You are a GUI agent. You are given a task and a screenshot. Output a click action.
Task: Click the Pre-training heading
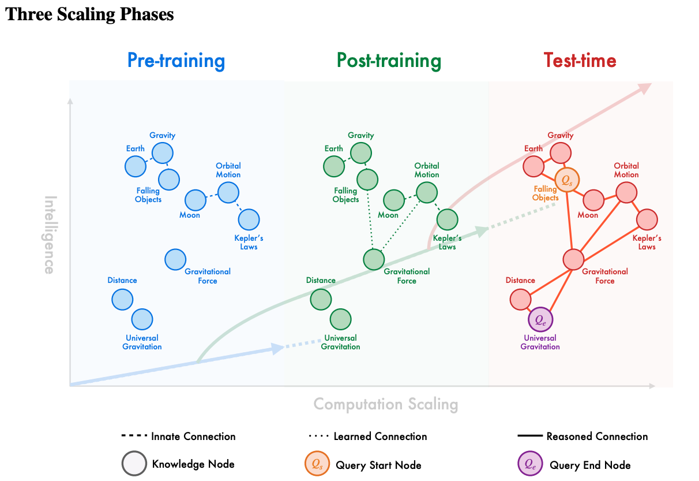click(176, 61)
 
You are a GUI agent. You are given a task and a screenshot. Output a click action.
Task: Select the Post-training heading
click(389, 61)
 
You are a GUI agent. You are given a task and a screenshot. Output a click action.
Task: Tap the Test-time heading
click(580, 61)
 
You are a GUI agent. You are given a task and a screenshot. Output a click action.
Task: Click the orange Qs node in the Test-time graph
click(567, 180)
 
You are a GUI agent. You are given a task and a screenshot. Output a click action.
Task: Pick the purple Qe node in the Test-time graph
click(540, 319)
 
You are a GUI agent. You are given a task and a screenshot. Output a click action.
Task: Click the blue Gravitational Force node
click(175, 259)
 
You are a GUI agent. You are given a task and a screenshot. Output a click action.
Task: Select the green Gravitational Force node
click(374, 259)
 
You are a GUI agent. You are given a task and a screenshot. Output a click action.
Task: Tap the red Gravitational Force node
click(573, 259)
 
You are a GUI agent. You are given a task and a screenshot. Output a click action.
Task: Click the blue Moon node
click(196, 200)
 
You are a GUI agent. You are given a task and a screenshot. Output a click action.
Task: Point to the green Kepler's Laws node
click(447, 219)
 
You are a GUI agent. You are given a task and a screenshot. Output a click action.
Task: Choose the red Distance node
click(520, 300)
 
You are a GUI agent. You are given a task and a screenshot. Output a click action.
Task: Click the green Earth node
click(333, 167)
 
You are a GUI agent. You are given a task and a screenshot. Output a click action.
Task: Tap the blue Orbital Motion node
click(228, 192)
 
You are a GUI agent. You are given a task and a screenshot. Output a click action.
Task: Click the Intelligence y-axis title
click(50, 234)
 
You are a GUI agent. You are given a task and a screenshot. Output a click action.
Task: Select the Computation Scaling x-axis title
click(385, 404)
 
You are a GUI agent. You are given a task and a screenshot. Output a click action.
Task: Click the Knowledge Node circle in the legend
click(134, 464)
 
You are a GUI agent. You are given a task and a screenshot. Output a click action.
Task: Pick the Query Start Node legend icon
click(317, 464)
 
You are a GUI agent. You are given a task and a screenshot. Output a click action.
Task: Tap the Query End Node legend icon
click(531, 464)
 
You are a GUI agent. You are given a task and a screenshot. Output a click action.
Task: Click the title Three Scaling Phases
click(89, 14)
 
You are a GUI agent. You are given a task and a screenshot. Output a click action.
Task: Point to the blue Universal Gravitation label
click(142, 342)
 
